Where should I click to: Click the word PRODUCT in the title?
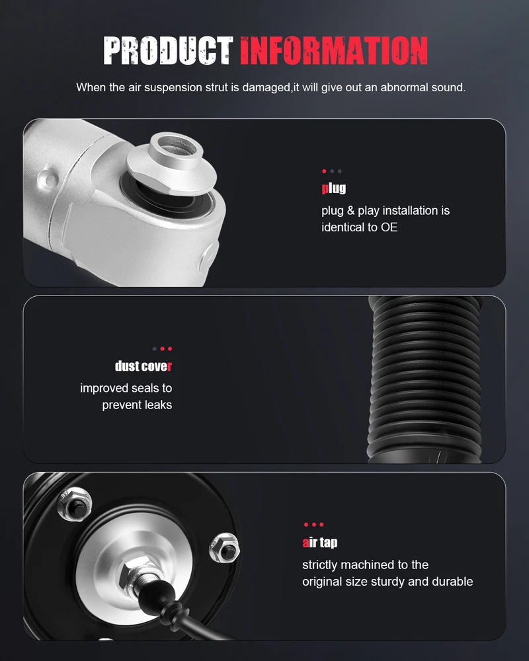(168, 51)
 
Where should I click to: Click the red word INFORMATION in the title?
(334, 51)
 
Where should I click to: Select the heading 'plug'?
(334, 188)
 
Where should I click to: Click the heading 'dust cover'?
(143, 366)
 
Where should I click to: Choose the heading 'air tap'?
(320, 542)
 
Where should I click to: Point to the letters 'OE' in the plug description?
(389, 227)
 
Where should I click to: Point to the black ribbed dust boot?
(425, 379)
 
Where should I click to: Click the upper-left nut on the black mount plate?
(75, 504)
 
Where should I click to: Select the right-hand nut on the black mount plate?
(224, 547)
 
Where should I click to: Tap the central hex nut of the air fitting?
(136, 572)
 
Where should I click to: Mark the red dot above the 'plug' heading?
(324, 171)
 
